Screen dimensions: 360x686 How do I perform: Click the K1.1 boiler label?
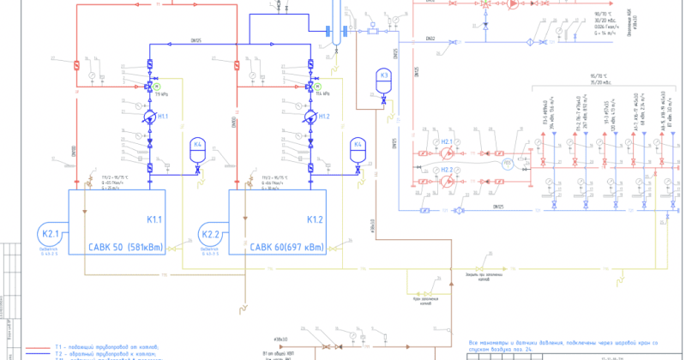[x=156, y=221]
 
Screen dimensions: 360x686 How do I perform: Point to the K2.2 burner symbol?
[x=212, y=234]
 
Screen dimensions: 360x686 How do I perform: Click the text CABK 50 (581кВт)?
[x=126, y=248]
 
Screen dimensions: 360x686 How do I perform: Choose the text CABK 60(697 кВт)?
[x=288, y=248]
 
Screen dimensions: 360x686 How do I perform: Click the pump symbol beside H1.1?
[x=150, y=117]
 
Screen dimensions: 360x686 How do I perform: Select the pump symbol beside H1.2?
[x=310, y=117]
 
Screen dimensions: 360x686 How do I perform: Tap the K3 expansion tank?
[x=385, y=78]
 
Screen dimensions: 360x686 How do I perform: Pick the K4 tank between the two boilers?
[x=198, y=147]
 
